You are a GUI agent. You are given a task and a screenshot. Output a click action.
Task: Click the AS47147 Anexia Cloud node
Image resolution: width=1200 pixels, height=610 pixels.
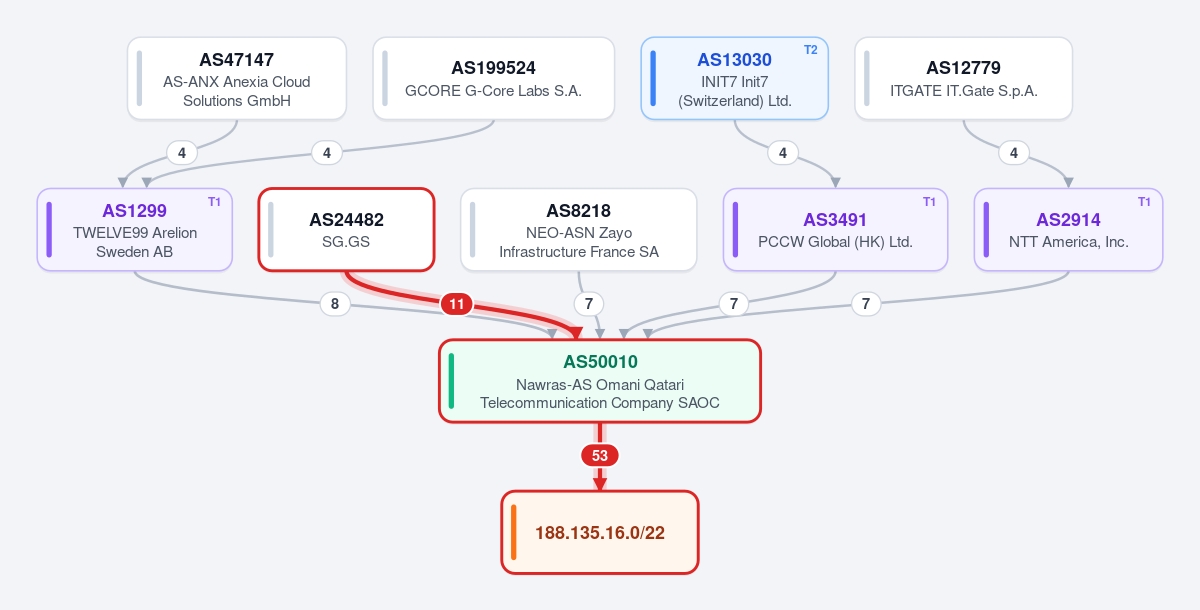tap(237, 79)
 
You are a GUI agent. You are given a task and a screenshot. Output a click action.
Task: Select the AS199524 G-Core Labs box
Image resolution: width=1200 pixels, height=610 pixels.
tap(493, 79)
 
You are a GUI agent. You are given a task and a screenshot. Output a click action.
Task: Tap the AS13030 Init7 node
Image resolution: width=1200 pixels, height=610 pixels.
tap(734, 79)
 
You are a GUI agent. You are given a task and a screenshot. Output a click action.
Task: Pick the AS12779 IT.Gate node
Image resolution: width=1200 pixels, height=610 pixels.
tap(963, 79)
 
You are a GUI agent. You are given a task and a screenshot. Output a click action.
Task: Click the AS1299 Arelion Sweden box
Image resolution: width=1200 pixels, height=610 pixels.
tap(134, 230)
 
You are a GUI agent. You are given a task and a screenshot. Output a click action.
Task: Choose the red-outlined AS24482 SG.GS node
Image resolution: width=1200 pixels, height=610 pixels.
tap(346, 230)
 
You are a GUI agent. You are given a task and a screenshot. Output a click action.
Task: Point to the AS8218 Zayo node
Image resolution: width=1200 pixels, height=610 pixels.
tap(579, 230)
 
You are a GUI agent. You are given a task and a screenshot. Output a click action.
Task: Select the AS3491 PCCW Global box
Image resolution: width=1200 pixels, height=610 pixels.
tap(835, 230)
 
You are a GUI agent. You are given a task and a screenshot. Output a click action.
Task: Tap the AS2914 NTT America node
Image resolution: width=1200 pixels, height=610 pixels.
tap(1068, 230)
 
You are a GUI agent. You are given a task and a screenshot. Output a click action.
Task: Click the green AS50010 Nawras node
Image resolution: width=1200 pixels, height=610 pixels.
tap(600, 381)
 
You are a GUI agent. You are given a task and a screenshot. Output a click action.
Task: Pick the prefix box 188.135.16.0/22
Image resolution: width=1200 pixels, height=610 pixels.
tap(600, 532)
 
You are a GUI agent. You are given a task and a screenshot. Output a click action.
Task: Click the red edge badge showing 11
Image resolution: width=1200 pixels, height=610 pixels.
tap(456, 304)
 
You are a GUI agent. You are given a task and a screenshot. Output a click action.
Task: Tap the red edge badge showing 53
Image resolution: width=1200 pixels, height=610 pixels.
tap(600, 456)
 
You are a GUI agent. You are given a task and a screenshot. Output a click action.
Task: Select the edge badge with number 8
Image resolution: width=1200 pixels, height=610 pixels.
tap(335, 304)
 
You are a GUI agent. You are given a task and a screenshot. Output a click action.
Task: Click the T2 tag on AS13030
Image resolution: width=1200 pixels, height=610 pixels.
tap(811, 50)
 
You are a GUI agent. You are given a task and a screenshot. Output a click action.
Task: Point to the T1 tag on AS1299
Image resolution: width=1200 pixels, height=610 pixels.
tap(214, 202)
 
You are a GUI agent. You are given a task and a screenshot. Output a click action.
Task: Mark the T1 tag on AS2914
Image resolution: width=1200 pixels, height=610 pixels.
tap(1144, 202)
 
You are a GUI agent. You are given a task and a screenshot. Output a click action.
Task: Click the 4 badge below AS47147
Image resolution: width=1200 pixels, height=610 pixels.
tap(182, 153)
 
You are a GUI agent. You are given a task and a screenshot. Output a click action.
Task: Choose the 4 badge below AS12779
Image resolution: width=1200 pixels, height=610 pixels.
tap(1014, 153)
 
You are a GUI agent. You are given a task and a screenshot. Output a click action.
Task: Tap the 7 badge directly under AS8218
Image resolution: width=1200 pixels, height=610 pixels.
tap(589, 304)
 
